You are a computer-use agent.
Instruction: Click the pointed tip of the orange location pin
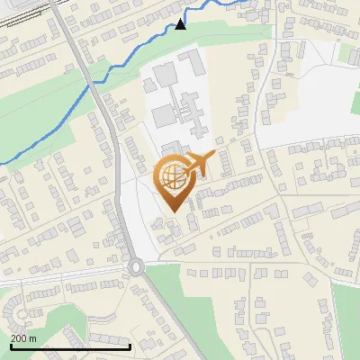point(172,211)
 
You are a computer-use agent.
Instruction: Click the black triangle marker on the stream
point(181,24)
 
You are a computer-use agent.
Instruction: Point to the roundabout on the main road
point(136,266)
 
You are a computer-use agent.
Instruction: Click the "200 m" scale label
point(24,338)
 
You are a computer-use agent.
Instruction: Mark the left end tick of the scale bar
point(11,346)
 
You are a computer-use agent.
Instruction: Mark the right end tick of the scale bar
point(130,346)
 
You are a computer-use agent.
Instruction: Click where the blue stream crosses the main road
point(94,82)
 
